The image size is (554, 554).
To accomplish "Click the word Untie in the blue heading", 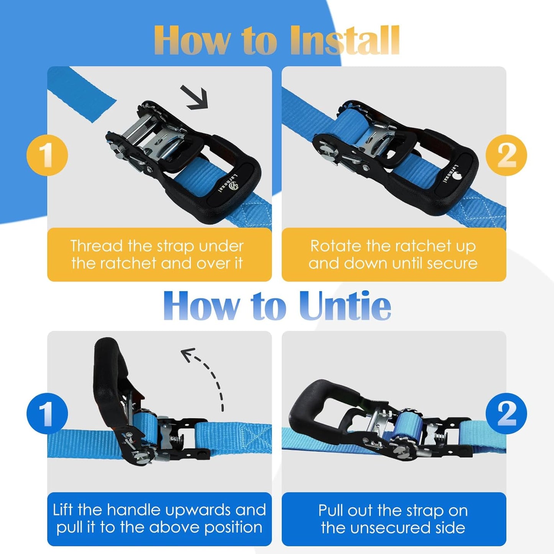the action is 344,306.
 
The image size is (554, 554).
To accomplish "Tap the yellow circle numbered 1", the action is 47,155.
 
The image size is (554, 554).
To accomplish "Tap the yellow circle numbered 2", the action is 506,155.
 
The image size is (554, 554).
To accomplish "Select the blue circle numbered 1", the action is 47,413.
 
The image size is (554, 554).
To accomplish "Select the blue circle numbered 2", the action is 506,413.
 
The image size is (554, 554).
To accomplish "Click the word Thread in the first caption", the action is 96,247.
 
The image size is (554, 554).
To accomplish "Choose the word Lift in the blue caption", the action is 63,510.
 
